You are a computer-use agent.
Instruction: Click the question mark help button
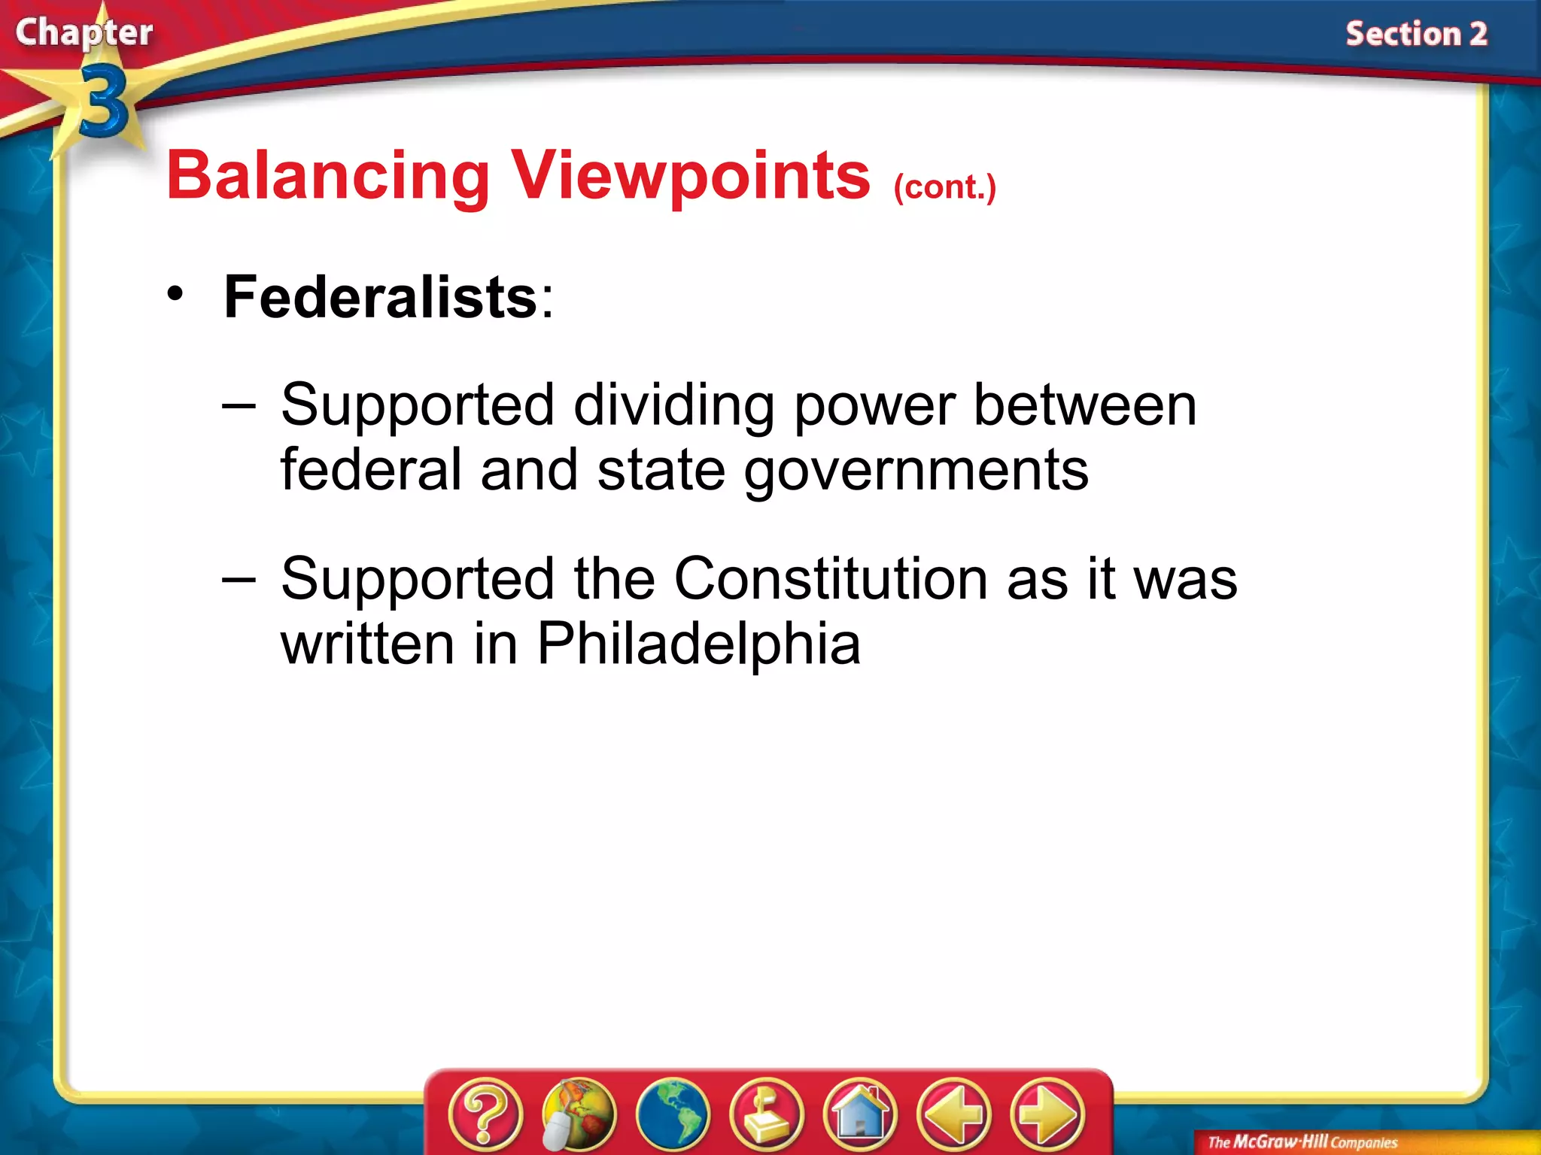tap(485, 1114)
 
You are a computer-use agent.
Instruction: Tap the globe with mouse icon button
tap(578, 1114)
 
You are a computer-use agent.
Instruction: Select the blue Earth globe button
tap(673, 1114)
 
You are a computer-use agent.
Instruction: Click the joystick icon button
tap(767, 1114)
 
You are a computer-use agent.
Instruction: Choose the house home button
tap(860, 1114)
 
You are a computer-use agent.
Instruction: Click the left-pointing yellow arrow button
tap(954, 1114)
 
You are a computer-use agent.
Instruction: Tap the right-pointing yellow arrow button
tap(1047, 1114)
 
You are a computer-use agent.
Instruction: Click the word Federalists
tap(381, 297)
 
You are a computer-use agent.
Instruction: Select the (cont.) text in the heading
tap(944, 187)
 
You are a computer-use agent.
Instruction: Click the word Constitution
tap(831, 579)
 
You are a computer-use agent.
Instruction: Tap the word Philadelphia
tap(698, 644)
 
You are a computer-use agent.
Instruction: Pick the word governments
tap(916, 470)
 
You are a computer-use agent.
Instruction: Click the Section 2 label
tap(1416, 35)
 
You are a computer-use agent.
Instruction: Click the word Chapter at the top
tap(84, 33)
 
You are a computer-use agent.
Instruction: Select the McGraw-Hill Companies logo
tap(1302, 1142)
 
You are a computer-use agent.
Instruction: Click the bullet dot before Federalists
tap(175, 294)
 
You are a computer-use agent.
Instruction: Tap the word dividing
tap(673, 406)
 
